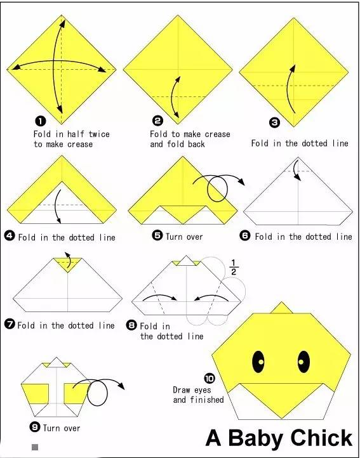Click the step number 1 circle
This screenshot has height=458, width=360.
(x=41, y=121)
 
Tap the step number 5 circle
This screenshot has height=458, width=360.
(x=157, y=235)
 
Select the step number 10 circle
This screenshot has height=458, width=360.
(x=209, y=379)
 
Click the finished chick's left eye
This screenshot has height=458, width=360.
(x=258, y=362)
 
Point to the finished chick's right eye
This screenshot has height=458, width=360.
(x=303, y=362)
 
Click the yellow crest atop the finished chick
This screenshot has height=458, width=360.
(x=281, y=308)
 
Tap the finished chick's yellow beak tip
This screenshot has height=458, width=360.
(x=282, y=418)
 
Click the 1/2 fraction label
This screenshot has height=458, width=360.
(x=234, y=267)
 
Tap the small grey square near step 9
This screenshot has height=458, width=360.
(x=35, y=447)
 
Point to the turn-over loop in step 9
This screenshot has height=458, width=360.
(x=97, y=393)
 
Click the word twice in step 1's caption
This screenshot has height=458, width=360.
(x=99, y=134)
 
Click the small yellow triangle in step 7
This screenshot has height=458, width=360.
(x=67, y=265)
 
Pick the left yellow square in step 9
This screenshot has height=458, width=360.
(x=35, y=394)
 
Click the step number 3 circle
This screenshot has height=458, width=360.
(x=274, y=122)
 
